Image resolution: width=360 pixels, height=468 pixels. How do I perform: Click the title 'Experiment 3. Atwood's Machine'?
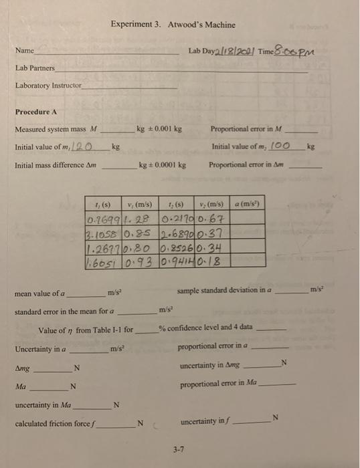coord(173,25)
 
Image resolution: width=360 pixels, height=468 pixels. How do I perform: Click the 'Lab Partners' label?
coord(35,68)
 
